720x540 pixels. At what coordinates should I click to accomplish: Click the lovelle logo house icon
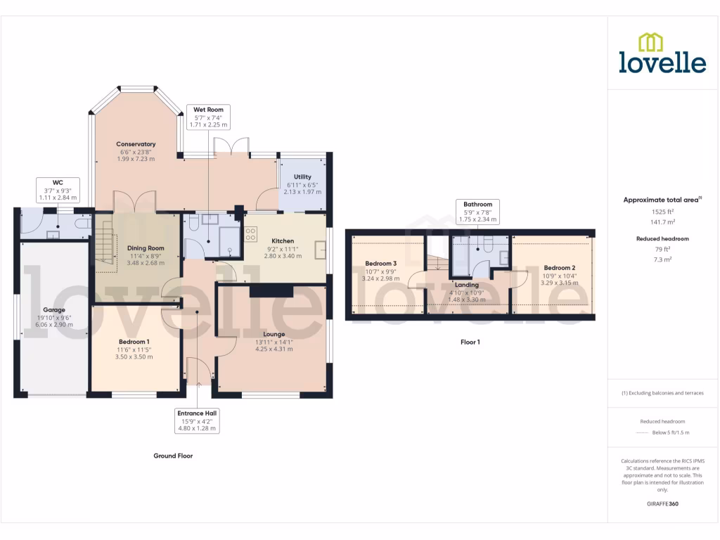651,42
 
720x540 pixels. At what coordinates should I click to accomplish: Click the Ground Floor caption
173,456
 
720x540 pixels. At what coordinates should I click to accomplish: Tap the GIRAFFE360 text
663,504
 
